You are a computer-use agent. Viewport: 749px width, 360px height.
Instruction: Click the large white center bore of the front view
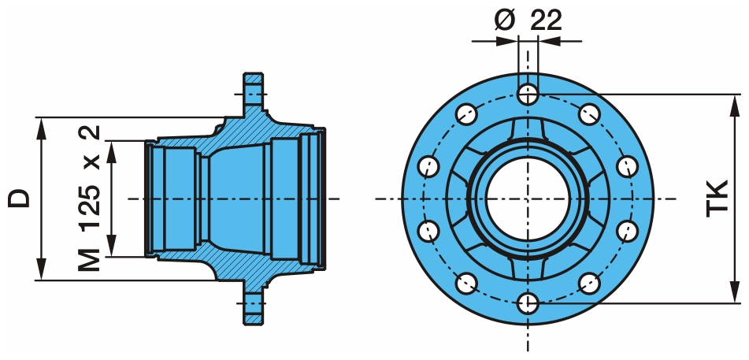[x=527, y=198]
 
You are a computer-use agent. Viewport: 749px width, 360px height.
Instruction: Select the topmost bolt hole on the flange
[x=528, y=95]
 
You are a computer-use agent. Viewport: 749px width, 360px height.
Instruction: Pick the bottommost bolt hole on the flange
[x=528, y=301]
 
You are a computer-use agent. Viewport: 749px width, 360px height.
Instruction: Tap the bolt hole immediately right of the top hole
[x=588, y=114]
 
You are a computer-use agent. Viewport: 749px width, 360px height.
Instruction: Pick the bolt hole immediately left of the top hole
[x=467, y=114]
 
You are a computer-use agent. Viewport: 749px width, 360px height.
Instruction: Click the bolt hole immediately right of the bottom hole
[x=588, y=282]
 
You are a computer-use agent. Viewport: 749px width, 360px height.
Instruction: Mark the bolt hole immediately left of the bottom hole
[x=467, y=282]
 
